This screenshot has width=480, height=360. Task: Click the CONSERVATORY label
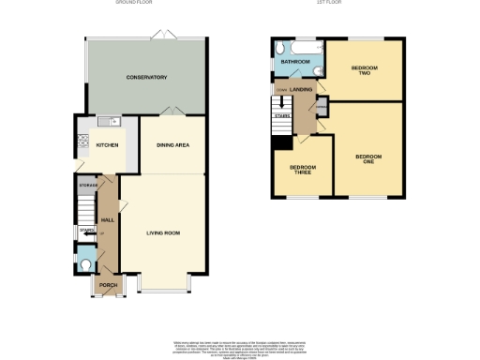click(x=145, y=77)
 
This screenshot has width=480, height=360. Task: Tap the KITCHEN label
click(x=106, y=145)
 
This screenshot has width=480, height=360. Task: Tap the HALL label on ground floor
click(x=107, y=219)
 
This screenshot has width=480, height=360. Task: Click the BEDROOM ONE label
click(x=368, y=157)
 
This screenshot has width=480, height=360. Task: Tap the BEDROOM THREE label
click(x=302, y=170)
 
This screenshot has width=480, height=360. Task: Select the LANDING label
click(x=301, y=89)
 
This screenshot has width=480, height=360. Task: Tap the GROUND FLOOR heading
click(x=134, y=4)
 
